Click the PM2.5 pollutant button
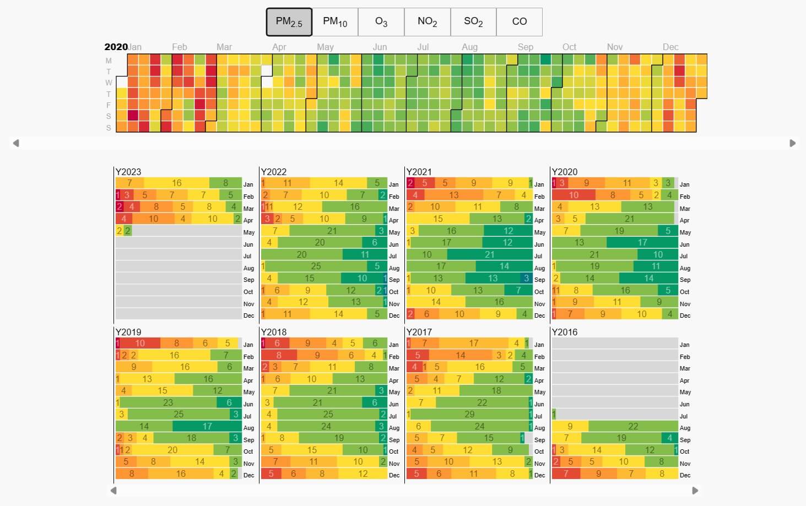click(289, 21)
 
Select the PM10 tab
click(335, 21)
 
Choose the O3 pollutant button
click(381, 21)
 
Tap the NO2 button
click(427, 21)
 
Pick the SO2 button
click(473, 21)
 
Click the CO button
click(519, 21)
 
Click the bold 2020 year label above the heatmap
click(116, 47)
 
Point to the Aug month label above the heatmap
click(469, 47)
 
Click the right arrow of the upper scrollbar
click(792, 143)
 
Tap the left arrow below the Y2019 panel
click(113, 490)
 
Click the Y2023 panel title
click(128, 172)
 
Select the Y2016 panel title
click(564, 332)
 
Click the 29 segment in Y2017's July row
click(469, 414)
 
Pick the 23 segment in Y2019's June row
click(168, 402)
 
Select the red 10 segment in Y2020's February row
click(574, 195)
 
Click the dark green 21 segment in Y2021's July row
click(489, 254)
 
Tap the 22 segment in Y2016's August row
click(633, 426)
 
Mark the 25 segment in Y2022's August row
click(316, 266)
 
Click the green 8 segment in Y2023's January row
click(225, 183)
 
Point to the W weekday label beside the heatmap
click(109, 83)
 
